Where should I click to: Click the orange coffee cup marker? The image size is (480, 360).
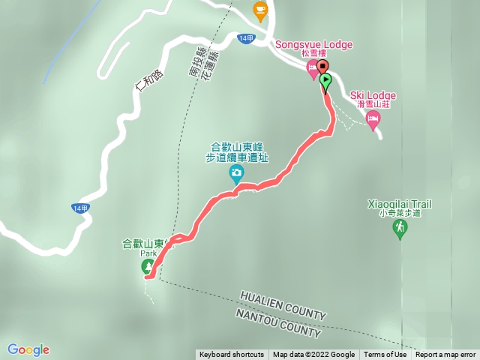tap(260, 10)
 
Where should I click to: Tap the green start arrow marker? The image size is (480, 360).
tap(325, 80)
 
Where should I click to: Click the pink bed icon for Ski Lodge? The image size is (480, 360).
tap(372, 118)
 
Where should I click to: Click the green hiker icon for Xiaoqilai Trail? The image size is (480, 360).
tap(400, 227)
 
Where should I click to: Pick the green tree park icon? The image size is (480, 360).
tap(147, 267)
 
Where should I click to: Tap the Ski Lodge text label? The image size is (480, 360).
tap(373, 95)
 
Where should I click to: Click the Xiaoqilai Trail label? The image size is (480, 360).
tap(400, 203)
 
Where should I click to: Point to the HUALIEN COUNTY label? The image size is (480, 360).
tap(283, 305)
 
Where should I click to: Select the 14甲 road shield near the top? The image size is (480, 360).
tap(245, 37)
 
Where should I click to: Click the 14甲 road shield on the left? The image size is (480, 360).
tap(81, 208)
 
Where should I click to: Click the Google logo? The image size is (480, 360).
tap(28, 349)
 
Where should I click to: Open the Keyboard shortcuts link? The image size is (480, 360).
tap(231, 355)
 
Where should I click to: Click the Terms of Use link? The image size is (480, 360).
tap(385, 355)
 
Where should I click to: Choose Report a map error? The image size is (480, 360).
tap(445, 355)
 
